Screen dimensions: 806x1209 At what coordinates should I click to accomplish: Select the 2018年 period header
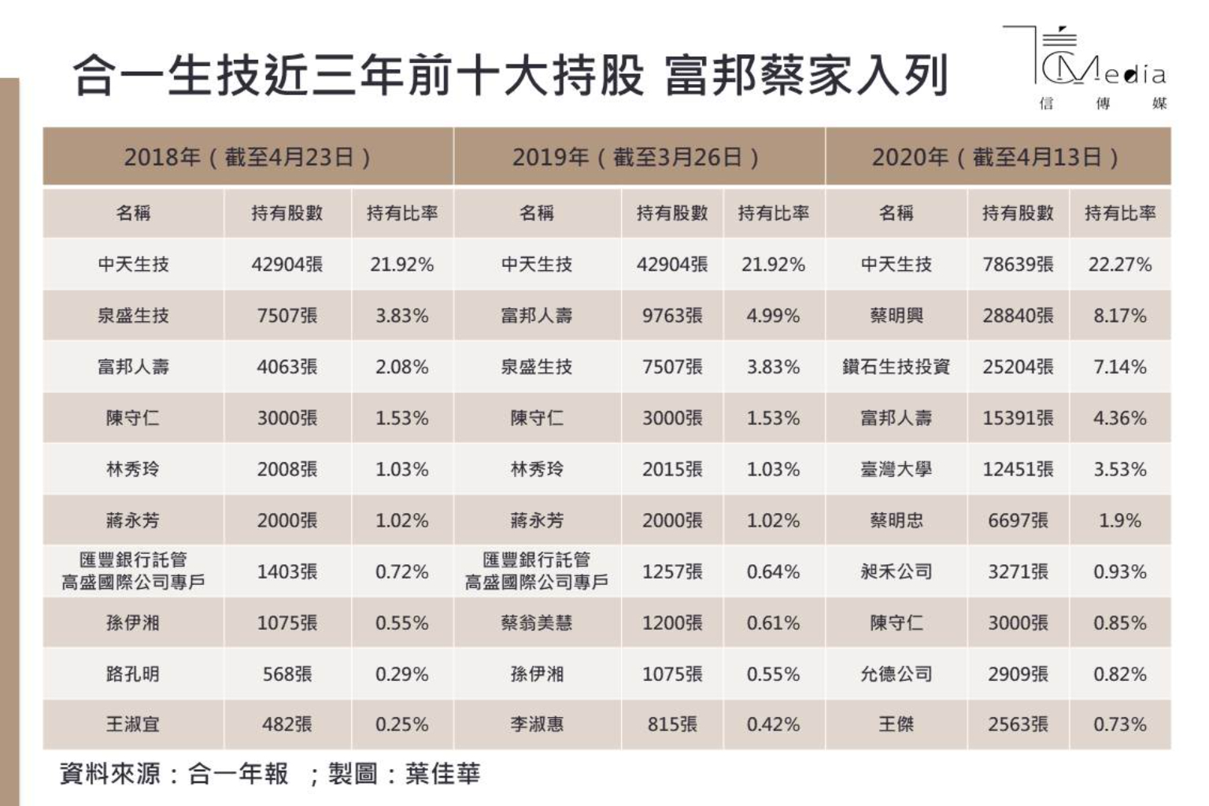(x=247, y=157)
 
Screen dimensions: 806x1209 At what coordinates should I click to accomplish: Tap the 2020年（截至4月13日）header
(x=996, y=157)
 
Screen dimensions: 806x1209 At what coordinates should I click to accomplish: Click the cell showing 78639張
(x=1017, y=264)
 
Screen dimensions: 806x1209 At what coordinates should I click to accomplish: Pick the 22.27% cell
(x=1119, y=264)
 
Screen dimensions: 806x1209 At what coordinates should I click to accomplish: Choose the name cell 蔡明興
(x=896, y=316)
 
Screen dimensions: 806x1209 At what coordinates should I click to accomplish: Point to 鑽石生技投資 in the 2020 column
(x=896, y=367)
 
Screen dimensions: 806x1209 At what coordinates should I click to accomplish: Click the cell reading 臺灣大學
(x=896, y=469)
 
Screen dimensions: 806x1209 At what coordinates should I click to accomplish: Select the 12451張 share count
(x=1017, y=469)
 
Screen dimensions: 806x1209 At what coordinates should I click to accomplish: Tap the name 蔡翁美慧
(x=537, y=623)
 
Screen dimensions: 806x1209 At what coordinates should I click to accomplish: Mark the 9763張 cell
(x=671, y=316)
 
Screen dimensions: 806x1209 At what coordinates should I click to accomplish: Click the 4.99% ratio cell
(x=773, y=316)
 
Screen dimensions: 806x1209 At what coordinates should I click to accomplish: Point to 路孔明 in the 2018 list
(x=132, y=674)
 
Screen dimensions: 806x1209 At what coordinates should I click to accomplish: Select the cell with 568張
(x=287, y=674)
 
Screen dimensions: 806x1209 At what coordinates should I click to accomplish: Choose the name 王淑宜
(x=132, y=724)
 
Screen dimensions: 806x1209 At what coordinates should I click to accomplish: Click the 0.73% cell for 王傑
(x=1119, y=724)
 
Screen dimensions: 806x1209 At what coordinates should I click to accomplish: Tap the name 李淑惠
(x=537, y=724)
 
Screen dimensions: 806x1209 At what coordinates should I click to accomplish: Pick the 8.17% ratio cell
(x=1119, y=316)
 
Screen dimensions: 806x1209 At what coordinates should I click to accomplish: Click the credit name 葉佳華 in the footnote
(x=442, y=774)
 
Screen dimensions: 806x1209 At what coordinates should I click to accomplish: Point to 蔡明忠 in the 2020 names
(x=896, y=520)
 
